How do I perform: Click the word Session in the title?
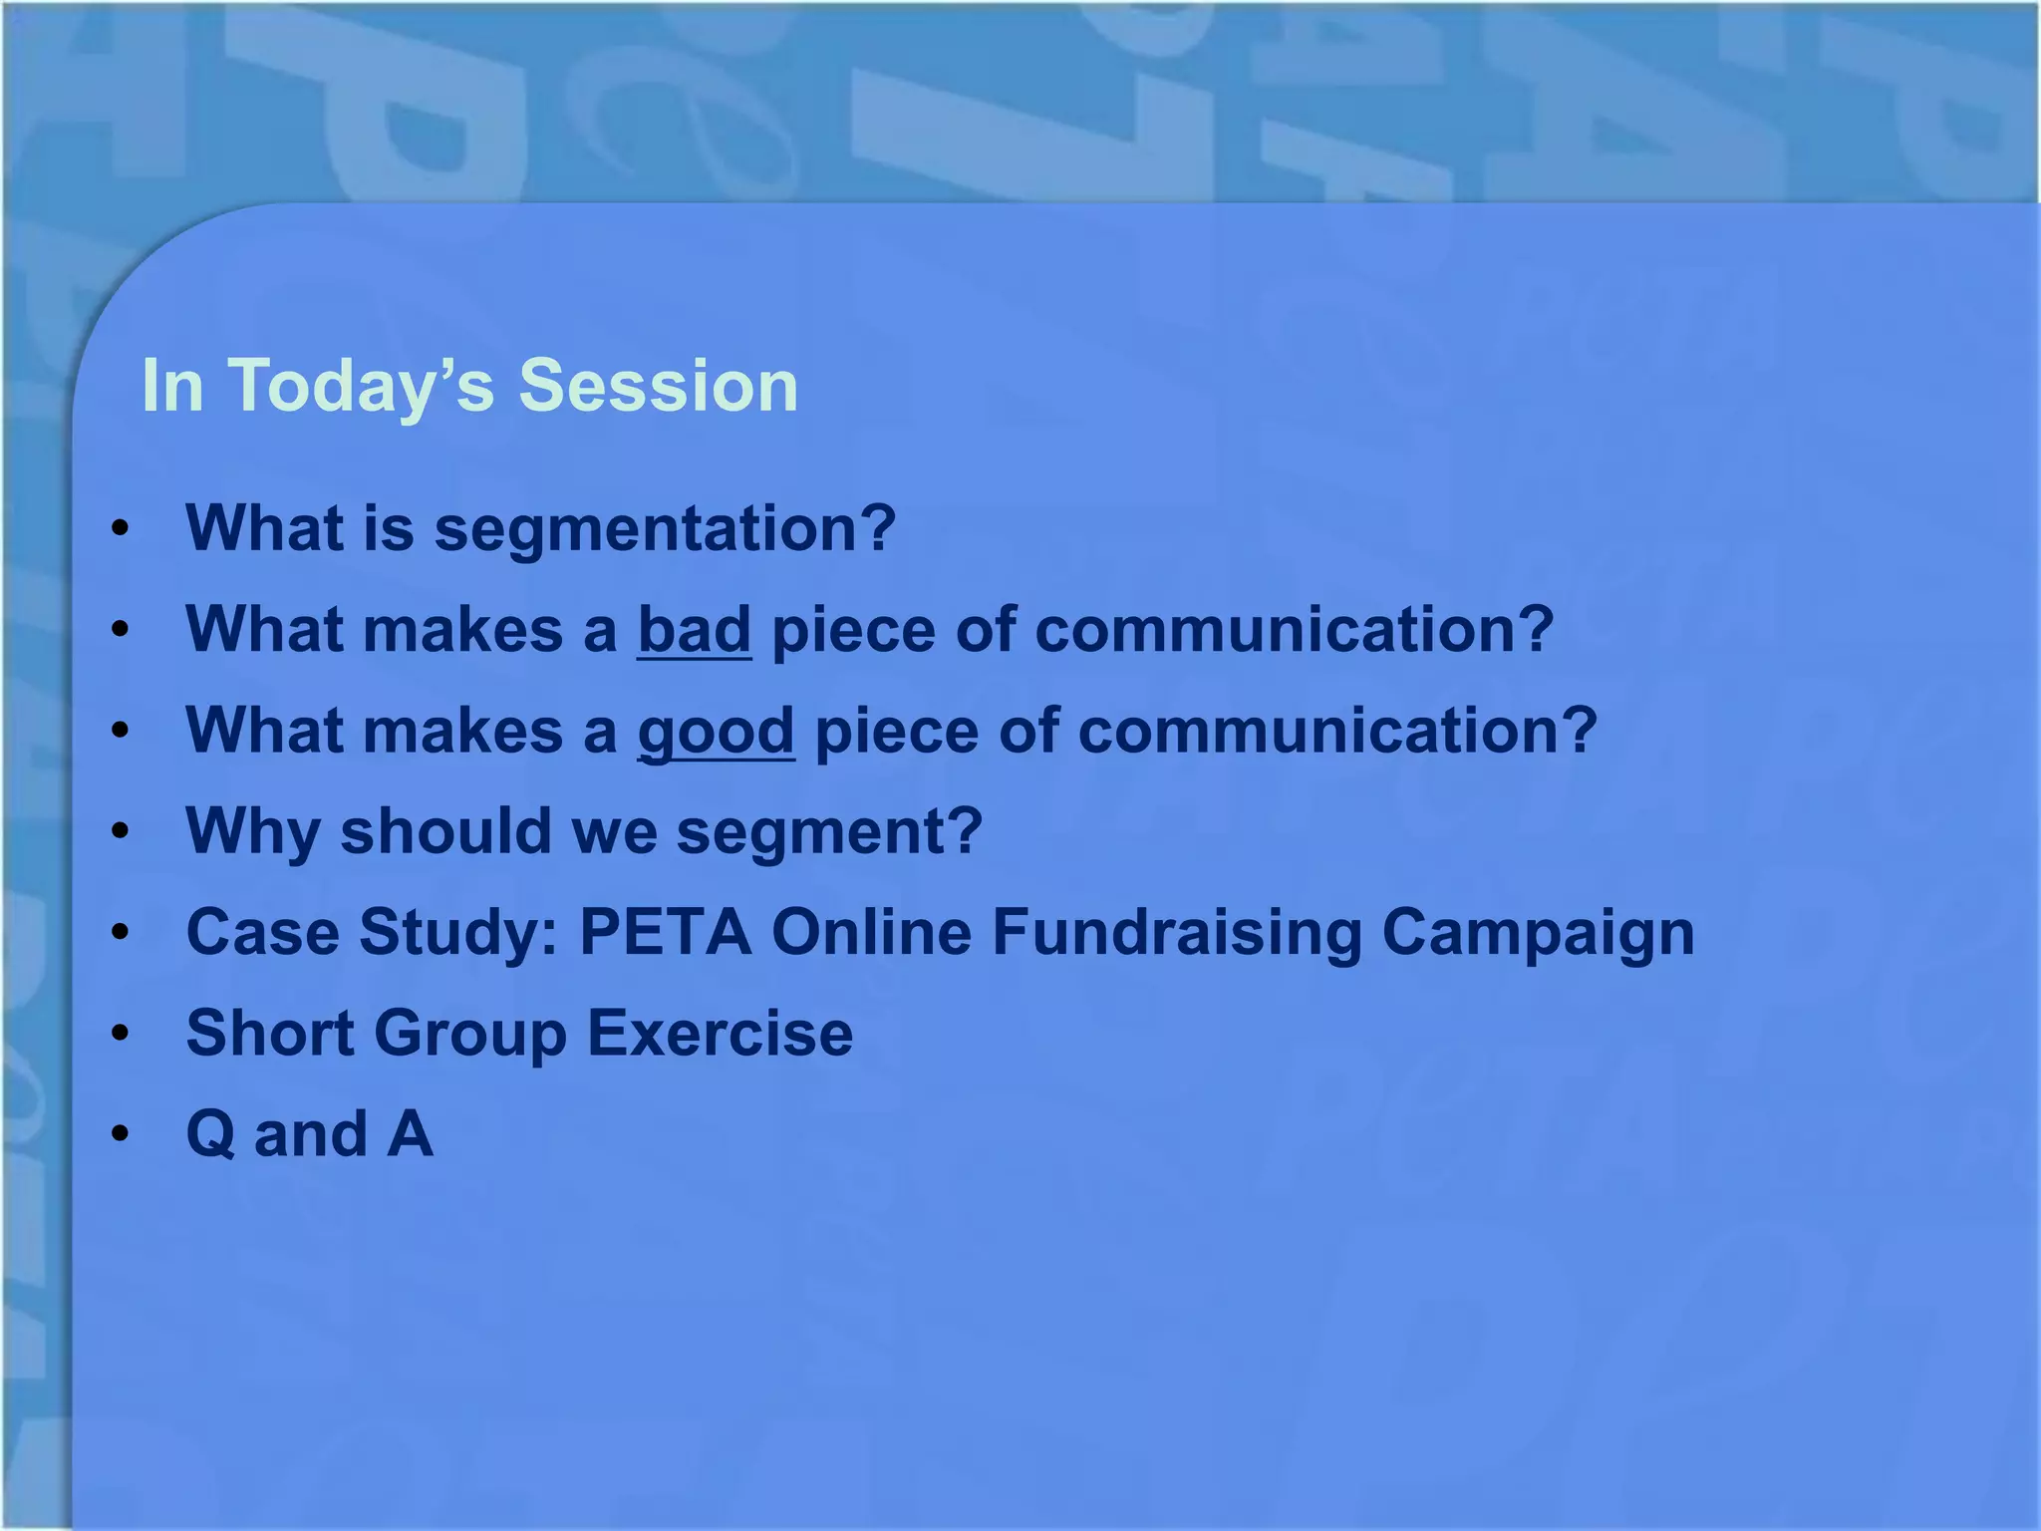click(658, 386)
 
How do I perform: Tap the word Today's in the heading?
click(362, 386)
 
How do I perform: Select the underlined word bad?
click(694, 630)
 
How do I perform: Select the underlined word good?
click(716, 732)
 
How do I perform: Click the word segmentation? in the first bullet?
click(665, 528)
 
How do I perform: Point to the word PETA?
click(665, 933)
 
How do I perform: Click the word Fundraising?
click(1176, 933)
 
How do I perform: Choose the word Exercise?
click(720, 1033)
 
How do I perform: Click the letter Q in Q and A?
click(210, 1135)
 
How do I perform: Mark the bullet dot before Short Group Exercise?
click(121, 1034)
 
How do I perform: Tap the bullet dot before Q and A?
click(121, 1134)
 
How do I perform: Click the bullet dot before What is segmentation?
click(121, 529)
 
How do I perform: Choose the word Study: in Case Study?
click(458, 933)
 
